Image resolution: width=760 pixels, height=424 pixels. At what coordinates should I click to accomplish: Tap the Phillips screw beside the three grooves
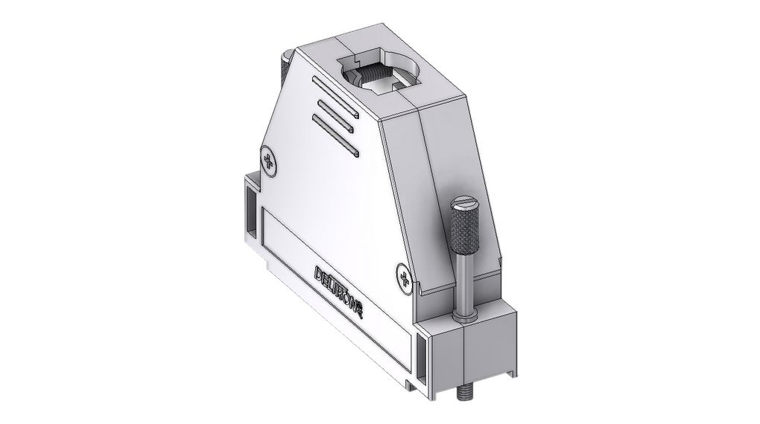(269, 162)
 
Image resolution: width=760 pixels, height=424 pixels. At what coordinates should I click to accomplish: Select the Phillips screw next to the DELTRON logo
(403, 278)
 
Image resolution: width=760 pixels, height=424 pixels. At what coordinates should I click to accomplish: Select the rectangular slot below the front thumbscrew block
(425, 358)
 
